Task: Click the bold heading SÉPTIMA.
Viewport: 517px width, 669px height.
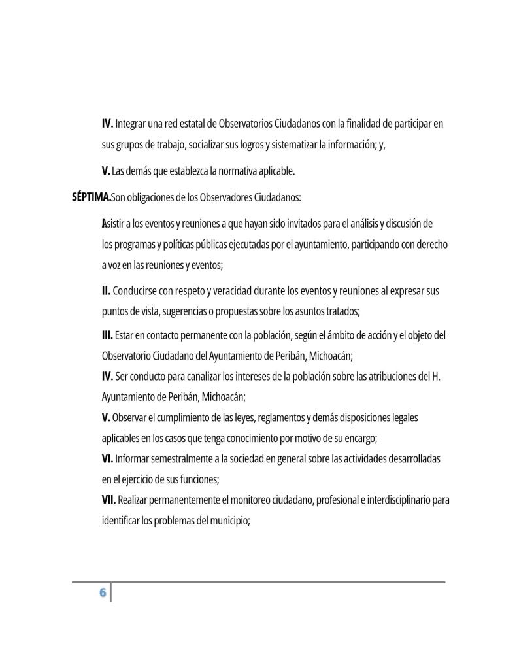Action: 91,197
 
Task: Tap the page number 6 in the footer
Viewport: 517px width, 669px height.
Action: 102,592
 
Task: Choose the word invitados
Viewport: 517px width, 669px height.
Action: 296,224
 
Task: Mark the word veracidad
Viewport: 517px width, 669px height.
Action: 229,290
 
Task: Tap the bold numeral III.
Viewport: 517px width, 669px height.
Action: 107,335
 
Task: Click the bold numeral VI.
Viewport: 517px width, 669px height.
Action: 107,458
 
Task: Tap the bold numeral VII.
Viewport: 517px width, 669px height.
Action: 108,500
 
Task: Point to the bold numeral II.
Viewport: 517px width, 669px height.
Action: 106,290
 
